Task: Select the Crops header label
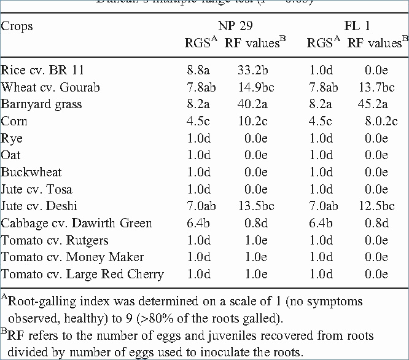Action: [x=17, y=27]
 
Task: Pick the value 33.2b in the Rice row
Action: [x=255, y=71]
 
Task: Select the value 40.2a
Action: [x=255, y=104]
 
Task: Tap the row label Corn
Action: [x=14, y=121]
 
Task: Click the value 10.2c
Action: [x=255, y=121]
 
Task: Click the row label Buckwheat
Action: [x=31, y=173]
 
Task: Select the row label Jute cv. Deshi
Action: [x=39, y=206]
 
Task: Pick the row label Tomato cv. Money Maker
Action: [x=72, y=257]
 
